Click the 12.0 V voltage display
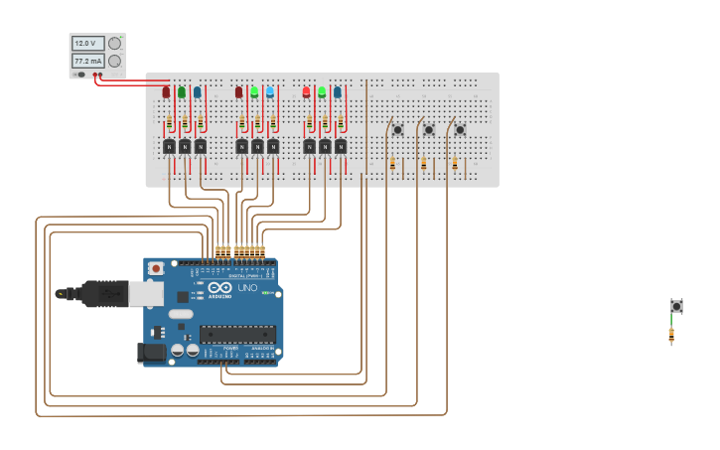click(87, 44)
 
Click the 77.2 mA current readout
click(87, 62)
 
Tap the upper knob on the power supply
click(115, 43)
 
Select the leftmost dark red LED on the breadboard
click(166, 92)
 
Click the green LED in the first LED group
click(182, 92)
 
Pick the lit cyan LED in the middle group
click(270, 91)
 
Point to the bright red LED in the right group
click(306, 91)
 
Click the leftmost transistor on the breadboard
click(169, 146)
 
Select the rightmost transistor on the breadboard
click(340, 146)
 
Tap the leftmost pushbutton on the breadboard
click(397, 129)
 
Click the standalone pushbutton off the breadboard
click(676, 306)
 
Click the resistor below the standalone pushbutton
click(671, 335)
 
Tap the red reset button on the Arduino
click(156, 268)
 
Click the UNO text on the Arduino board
click(247, 288)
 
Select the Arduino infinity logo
click(219, 288)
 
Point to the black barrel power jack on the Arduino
click(150, 352)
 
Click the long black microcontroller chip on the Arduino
click(236, 334)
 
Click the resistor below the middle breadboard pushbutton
click(423, 163)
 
